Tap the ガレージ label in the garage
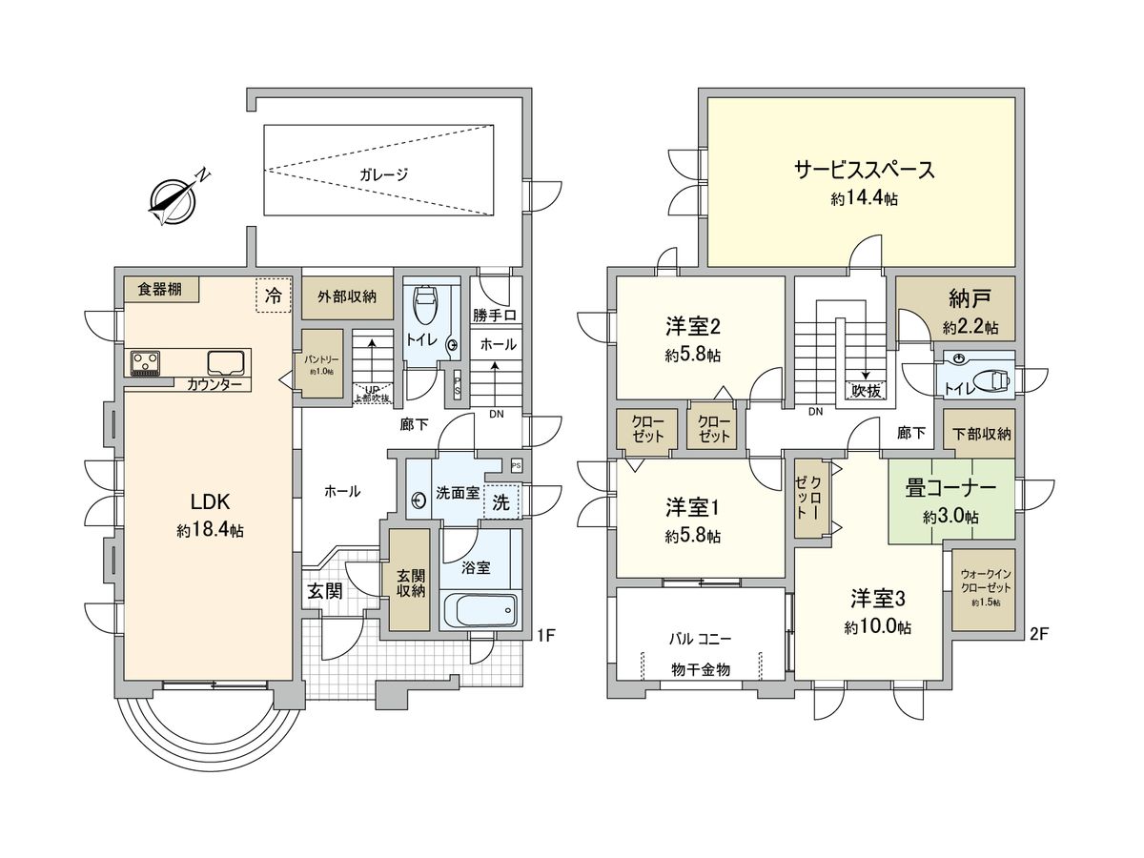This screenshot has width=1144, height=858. (384, 174)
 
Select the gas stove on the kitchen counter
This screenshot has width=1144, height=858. (145, 362)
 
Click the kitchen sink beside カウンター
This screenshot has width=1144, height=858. (225, 362)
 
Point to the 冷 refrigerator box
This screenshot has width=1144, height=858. (273, 295)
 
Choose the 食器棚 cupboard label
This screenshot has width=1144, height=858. (159, 289)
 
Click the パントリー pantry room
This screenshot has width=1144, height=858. (318, 362)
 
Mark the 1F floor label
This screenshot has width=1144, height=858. (544, 633)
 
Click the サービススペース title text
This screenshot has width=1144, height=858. (863, 170)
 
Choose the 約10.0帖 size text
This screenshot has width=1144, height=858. (876, 628)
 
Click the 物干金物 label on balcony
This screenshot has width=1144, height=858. (701, 670)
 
